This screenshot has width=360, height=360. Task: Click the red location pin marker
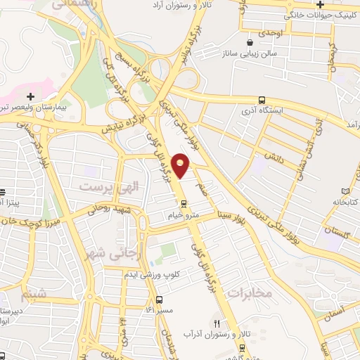coord(181,165)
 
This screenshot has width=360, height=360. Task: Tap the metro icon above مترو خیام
coord(184,205)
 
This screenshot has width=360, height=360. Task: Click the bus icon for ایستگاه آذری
coord(262,100)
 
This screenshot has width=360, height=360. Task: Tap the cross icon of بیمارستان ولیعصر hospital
coord(30,96)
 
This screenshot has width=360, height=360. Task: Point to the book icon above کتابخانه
coord(345,191)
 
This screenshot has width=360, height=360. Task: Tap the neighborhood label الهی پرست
coord(101,186)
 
